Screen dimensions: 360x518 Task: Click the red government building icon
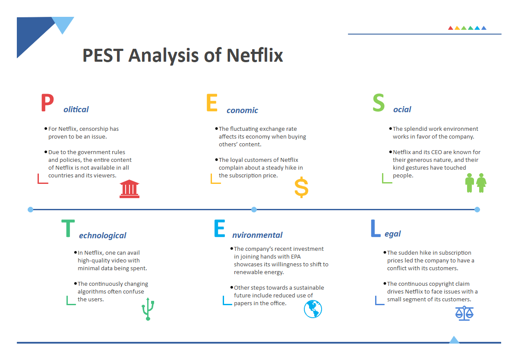pos(129,189)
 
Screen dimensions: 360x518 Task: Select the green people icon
pos(476,183)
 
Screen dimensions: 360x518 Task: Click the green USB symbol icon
pos(148,309)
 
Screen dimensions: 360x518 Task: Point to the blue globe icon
pos(313,309)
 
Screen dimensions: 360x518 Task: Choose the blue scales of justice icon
pos(464,313)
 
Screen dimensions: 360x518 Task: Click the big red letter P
pos(47,103)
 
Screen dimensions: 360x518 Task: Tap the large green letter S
pos(378,103)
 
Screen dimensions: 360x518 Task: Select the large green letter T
pos(68,229)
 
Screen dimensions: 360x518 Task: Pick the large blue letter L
pos(376,229)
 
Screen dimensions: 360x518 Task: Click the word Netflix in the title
pos(255,56)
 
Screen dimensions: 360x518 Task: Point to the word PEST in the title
pos(103,56)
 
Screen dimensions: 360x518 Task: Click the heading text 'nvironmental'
pos(257,235)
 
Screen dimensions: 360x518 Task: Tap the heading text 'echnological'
pos(103,236)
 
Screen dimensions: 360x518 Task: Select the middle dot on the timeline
pos(254,209)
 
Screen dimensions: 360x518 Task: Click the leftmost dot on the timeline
pos(30,209)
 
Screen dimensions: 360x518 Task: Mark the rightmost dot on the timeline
pos(477,209)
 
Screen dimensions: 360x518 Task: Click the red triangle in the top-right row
pos(451,28)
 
